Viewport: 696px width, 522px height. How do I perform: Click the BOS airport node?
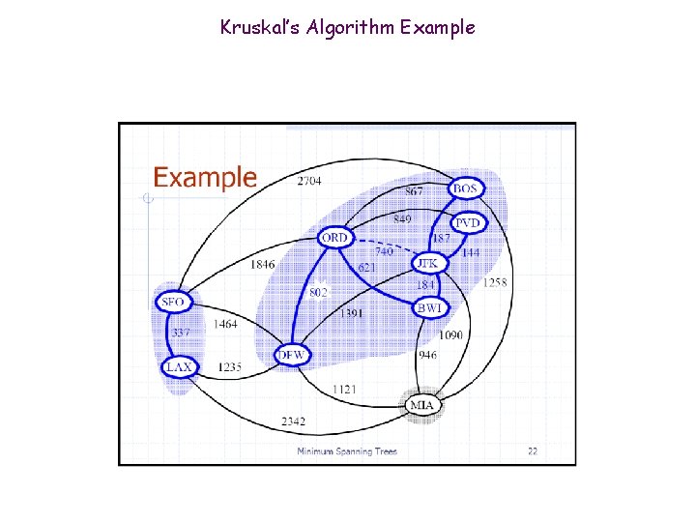[x=466, y=189]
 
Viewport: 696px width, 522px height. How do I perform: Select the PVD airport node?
[x=467, y=222]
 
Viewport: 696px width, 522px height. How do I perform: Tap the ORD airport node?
[x=333, y=238]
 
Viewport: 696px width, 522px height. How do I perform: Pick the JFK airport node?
[x=426, y=263]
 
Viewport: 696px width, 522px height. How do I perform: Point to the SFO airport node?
[x=173, y=303]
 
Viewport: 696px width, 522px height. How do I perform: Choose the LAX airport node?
[x=179, y=367]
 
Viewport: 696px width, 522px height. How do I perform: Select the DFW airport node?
[x=291, y=356]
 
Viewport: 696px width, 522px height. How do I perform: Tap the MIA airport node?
[x=421, y=405]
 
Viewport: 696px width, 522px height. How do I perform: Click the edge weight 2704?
[x=309, y=181]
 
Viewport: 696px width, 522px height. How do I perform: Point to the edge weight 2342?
[x=294, y=421]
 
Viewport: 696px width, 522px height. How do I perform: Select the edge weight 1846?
[x=262, y=264]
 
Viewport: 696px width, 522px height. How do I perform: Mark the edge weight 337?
[x=181, y=333]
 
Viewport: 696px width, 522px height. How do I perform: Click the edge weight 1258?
[x=495, y=282]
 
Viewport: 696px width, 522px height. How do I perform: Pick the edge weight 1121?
[x=344, y=389]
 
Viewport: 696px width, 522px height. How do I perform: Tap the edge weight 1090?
[x=450, y=335]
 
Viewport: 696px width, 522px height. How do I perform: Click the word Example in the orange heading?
[x=205, y=178]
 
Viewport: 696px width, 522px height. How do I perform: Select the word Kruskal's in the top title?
[x=256, y=27]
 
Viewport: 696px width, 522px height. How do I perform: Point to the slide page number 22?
[x=532, y=450]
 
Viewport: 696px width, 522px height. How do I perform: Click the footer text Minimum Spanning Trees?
[x=346, y=451]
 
